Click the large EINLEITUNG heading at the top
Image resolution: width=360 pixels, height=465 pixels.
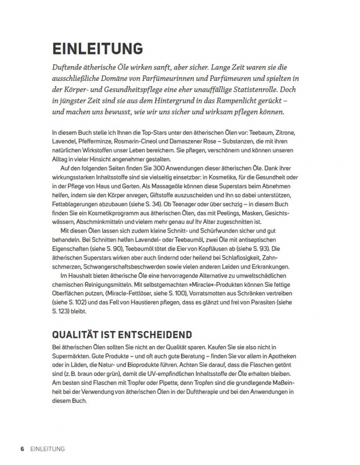(x=97, y=49)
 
